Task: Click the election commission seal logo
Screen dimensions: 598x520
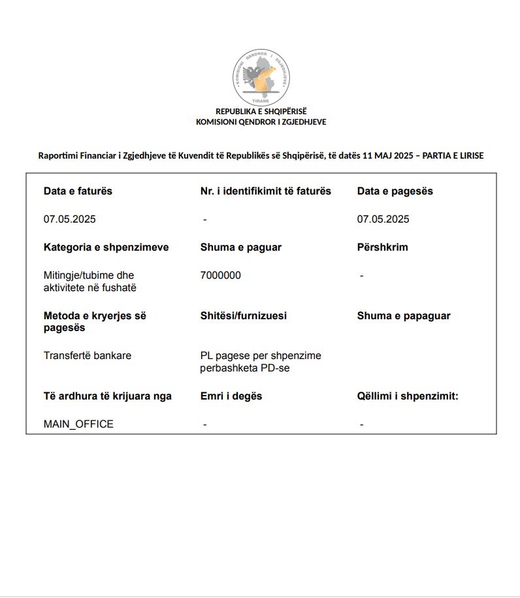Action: [x=261, y=78]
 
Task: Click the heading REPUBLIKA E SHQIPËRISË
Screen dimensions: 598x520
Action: [x=261, y=111]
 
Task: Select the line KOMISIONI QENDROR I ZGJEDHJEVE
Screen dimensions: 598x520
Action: [x=261, y=121]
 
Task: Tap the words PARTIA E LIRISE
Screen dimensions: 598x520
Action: [x=453, y=155]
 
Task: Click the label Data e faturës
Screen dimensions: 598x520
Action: [x=78, y=191]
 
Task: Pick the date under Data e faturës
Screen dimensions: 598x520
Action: [x=70, y=219]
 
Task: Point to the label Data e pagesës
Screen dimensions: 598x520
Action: [x=395, y=191]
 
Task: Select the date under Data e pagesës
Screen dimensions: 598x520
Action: [x=383, y=219]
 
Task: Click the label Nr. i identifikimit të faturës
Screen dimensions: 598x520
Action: [x=266, y=191]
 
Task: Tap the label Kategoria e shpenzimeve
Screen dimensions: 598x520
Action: [x=106, y=247]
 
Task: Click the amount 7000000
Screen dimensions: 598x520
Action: [x=221, y=275]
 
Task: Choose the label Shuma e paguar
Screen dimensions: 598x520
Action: [x=241, y=247]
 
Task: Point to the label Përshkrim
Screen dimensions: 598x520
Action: [x=382, y=247]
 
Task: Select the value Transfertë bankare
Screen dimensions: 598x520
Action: [x=88, y=356]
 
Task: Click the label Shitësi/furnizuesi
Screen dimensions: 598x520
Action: [x=243, y=316]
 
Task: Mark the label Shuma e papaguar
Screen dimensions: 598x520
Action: [x=404, y=316]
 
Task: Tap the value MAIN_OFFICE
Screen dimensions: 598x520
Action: [x=78, y=424]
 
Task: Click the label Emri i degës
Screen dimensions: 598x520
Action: [x=231, y=396]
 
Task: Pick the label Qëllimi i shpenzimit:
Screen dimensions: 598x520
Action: [x=408, y=396]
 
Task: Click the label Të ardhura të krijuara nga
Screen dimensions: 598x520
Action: [x=108, y=396]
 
